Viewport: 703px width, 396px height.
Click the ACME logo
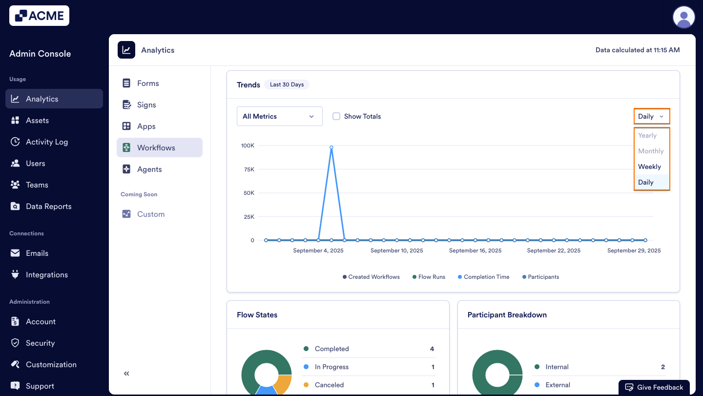point(39,16)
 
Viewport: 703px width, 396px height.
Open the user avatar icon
point(683,18)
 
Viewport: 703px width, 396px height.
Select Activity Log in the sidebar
point(46,142)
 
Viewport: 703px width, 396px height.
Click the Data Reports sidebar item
point(48,206)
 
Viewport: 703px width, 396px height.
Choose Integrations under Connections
point(46,274)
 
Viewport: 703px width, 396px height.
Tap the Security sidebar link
point(40,343)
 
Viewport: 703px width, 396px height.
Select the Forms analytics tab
point(148,83)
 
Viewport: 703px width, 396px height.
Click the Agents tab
point(149,169)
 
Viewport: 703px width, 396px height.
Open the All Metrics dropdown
point(279,116)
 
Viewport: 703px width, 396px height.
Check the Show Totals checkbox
point(336,116)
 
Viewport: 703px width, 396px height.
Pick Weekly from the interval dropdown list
point(649,167)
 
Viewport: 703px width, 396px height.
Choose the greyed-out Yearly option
point(647,135)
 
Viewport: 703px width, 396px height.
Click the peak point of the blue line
point(331,147)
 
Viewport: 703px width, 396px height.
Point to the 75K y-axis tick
point(248,169)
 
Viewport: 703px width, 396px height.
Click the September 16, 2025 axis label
point(475,250)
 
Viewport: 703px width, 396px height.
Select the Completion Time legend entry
point(486,277)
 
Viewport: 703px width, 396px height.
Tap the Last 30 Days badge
point(287,84)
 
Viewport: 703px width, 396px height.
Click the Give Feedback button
point(654,387)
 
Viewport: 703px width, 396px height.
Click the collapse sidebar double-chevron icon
point(126,374)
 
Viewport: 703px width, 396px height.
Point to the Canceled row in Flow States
point(330,385)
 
